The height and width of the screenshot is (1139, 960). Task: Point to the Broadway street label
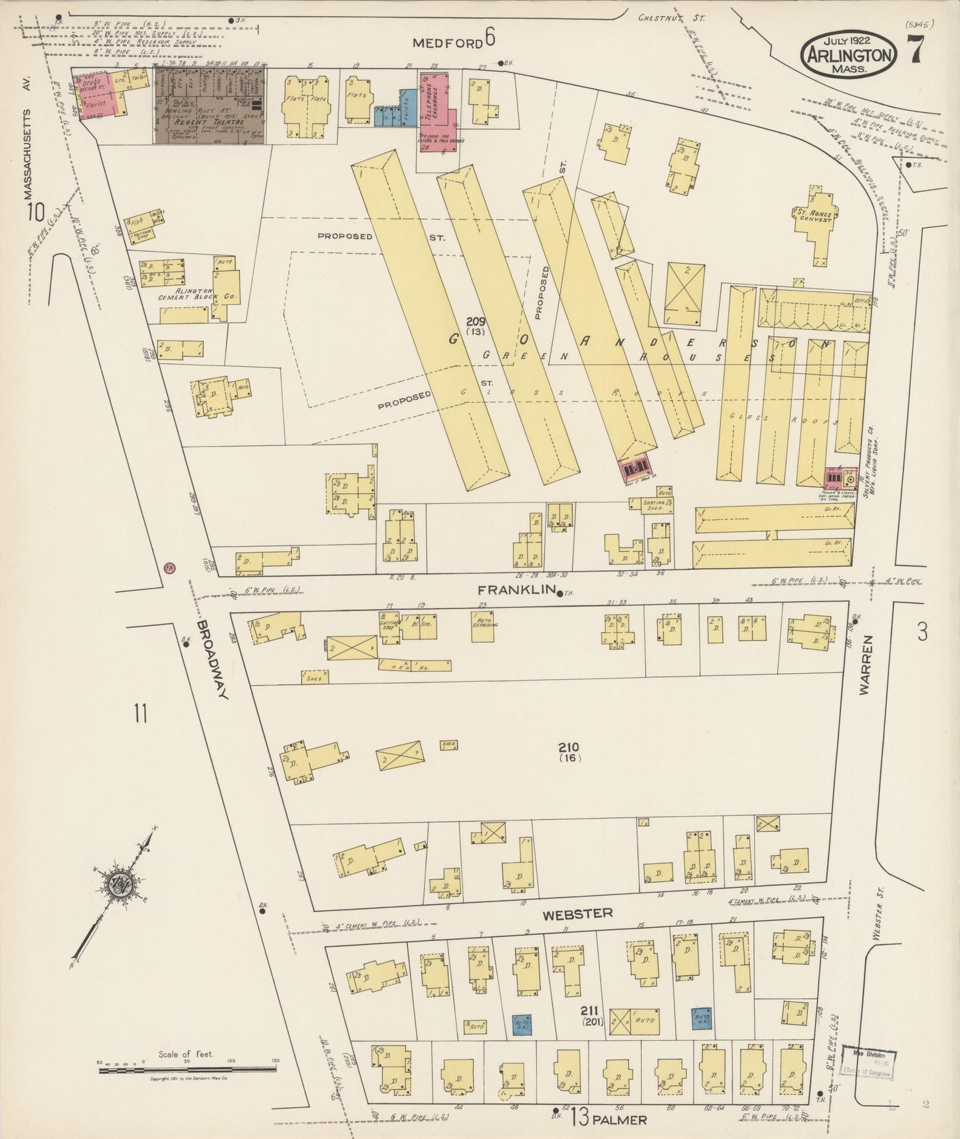coord(212,660)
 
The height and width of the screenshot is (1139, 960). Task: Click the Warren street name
coord(865,665)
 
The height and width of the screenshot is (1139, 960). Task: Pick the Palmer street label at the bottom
coord(620,1120)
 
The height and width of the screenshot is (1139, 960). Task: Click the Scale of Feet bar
coord(187,1069)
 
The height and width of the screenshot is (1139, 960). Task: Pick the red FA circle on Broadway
coord(170,568)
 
